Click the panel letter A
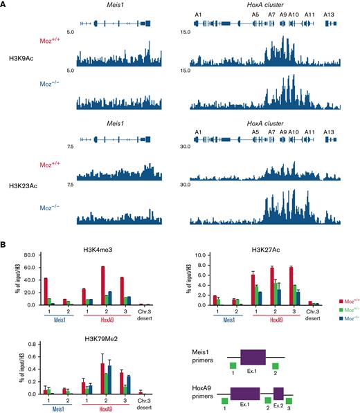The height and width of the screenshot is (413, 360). [x=6, y=4]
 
